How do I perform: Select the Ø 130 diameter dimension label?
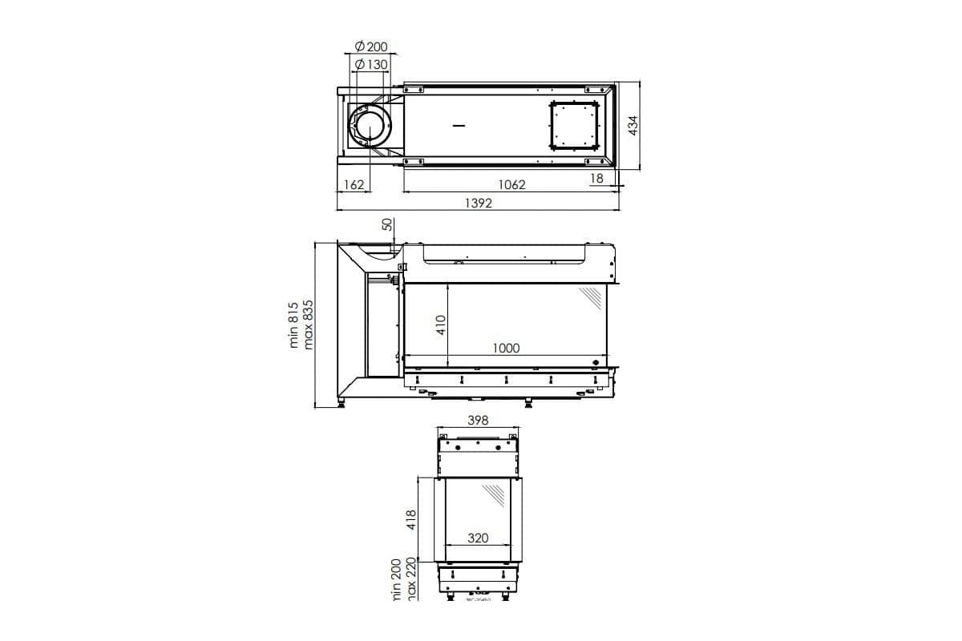point(370,64)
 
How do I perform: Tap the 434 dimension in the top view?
point(632,125)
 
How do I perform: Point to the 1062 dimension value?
point(511,185)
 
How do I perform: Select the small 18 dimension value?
point(596,179)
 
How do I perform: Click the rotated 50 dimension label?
point(387,225)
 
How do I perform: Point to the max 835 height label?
point(309,325)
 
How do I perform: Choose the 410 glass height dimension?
point(440,325)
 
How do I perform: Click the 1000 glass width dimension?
point(507,348)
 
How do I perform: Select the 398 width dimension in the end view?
point(478,420)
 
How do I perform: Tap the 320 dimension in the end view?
point(478,538)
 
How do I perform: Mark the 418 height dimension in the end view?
point(412,521)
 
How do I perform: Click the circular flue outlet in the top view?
point(370,127)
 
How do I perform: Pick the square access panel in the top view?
point(574,126)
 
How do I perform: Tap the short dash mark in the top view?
point(459,126)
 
